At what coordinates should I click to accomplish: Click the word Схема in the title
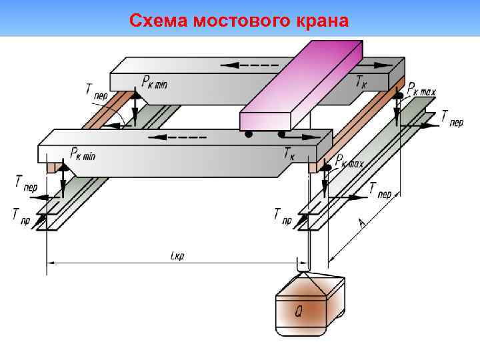(157, 21)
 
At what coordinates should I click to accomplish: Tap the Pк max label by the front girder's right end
(349, 161)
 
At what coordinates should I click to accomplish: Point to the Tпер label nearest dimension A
(381, 189)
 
